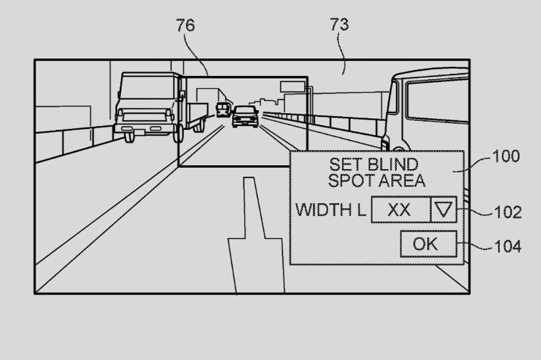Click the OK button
point(428,244)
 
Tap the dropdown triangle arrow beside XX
point(443,209)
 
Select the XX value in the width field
point(399,210)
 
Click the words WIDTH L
point(330,210)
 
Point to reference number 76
point(185,25)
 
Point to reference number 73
point(340,24)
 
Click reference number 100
point(506,156)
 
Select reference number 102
point(508,212)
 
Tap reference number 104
point(508,247)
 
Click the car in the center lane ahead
point(245,116)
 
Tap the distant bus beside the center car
point(223,109)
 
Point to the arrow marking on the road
point(255,235)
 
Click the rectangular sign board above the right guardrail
point(293,87)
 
